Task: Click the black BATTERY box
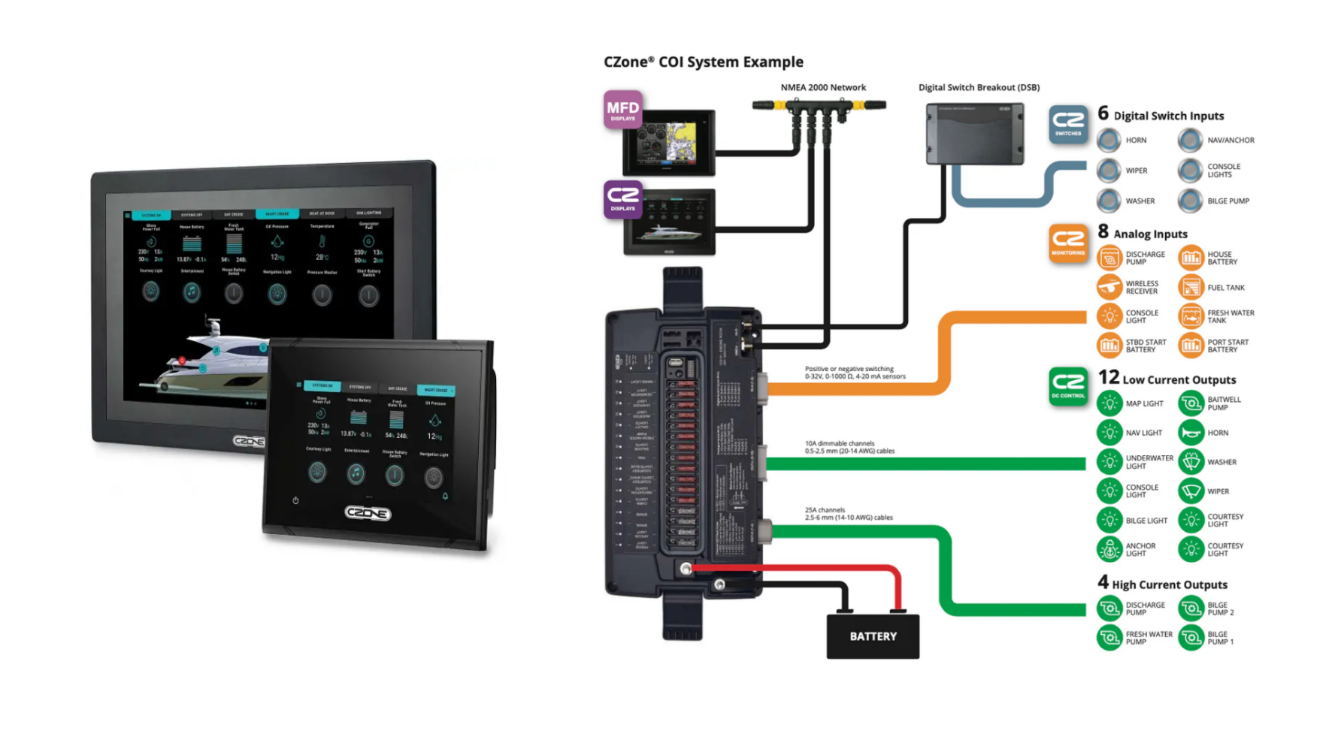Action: click(872, 636)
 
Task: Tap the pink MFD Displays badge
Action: click(622, 110)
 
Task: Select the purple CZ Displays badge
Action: click(622, 199)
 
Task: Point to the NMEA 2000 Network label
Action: click(823, 87)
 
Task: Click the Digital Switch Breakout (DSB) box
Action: click(975, 134)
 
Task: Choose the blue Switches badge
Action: click(1068, 124)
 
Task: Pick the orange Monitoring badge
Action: click(1068, 243)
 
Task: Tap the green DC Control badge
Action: click(1068, 386)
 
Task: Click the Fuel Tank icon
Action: click(1191, 287)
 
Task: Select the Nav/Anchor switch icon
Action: click(1190, 140)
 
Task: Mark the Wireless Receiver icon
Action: click(1109, 287)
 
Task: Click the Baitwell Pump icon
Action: click(1191, 403)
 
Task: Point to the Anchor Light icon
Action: click(1109, 550)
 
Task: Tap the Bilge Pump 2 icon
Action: click(1191, 609)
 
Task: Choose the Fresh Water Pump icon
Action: click(1109, 638)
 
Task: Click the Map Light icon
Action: click(1109, 403)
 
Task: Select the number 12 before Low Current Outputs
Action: click(1108, 377)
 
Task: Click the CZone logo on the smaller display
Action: click(368, 513)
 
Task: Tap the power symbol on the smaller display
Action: click(295, 500)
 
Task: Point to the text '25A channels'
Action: click(825, 510)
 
